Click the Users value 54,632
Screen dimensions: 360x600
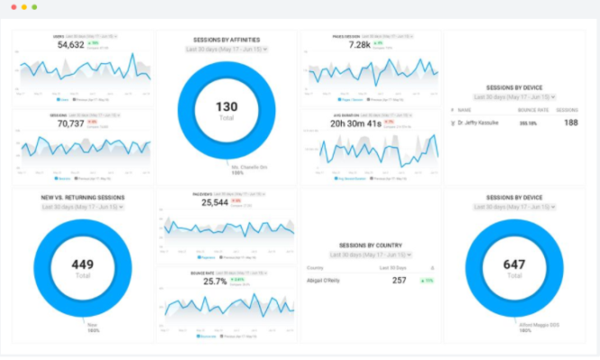pyautogui.click(x=71, y=44)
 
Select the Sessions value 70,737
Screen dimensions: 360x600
pyautogui.click(x=71, y=123)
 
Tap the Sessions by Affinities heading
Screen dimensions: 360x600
pyautogui.click(x=226, y=40)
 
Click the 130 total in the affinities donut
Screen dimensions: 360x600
pyautogui.click(x=226, y=107)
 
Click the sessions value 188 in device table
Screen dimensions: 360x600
pyautogui.click(x=570, y=122)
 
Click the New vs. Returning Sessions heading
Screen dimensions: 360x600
pyautogui.click(x=83, y=197)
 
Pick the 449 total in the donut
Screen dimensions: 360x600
pyautogui.click(x=83, y=265)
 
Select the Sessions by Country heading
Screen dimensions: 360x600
pyautogui.click(x=371, y=244)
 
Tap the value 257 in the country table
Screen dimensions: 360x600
pyautogui.click(x=399, y=280)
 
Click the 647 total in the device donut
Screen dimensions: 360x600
pyautogui.click(x=514, y=265)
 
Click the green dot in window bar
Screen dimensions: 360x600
pyautogui.click(x=34, y=6)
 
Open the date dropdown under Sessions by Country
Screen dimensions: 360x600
pyautogui.click(x=371, y=255)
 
